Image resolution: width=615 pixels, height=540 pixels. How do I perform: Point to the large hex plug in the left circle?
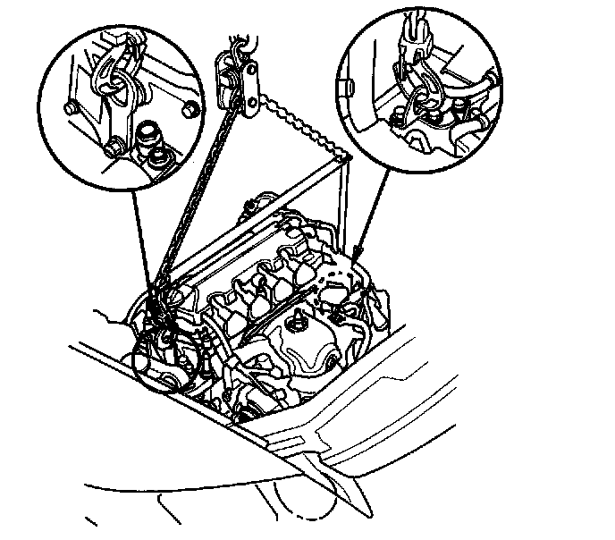tap(148, 137)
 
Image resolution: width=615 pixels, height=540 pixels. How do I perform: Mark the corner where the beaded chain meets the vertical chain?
tap(344, 158)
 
